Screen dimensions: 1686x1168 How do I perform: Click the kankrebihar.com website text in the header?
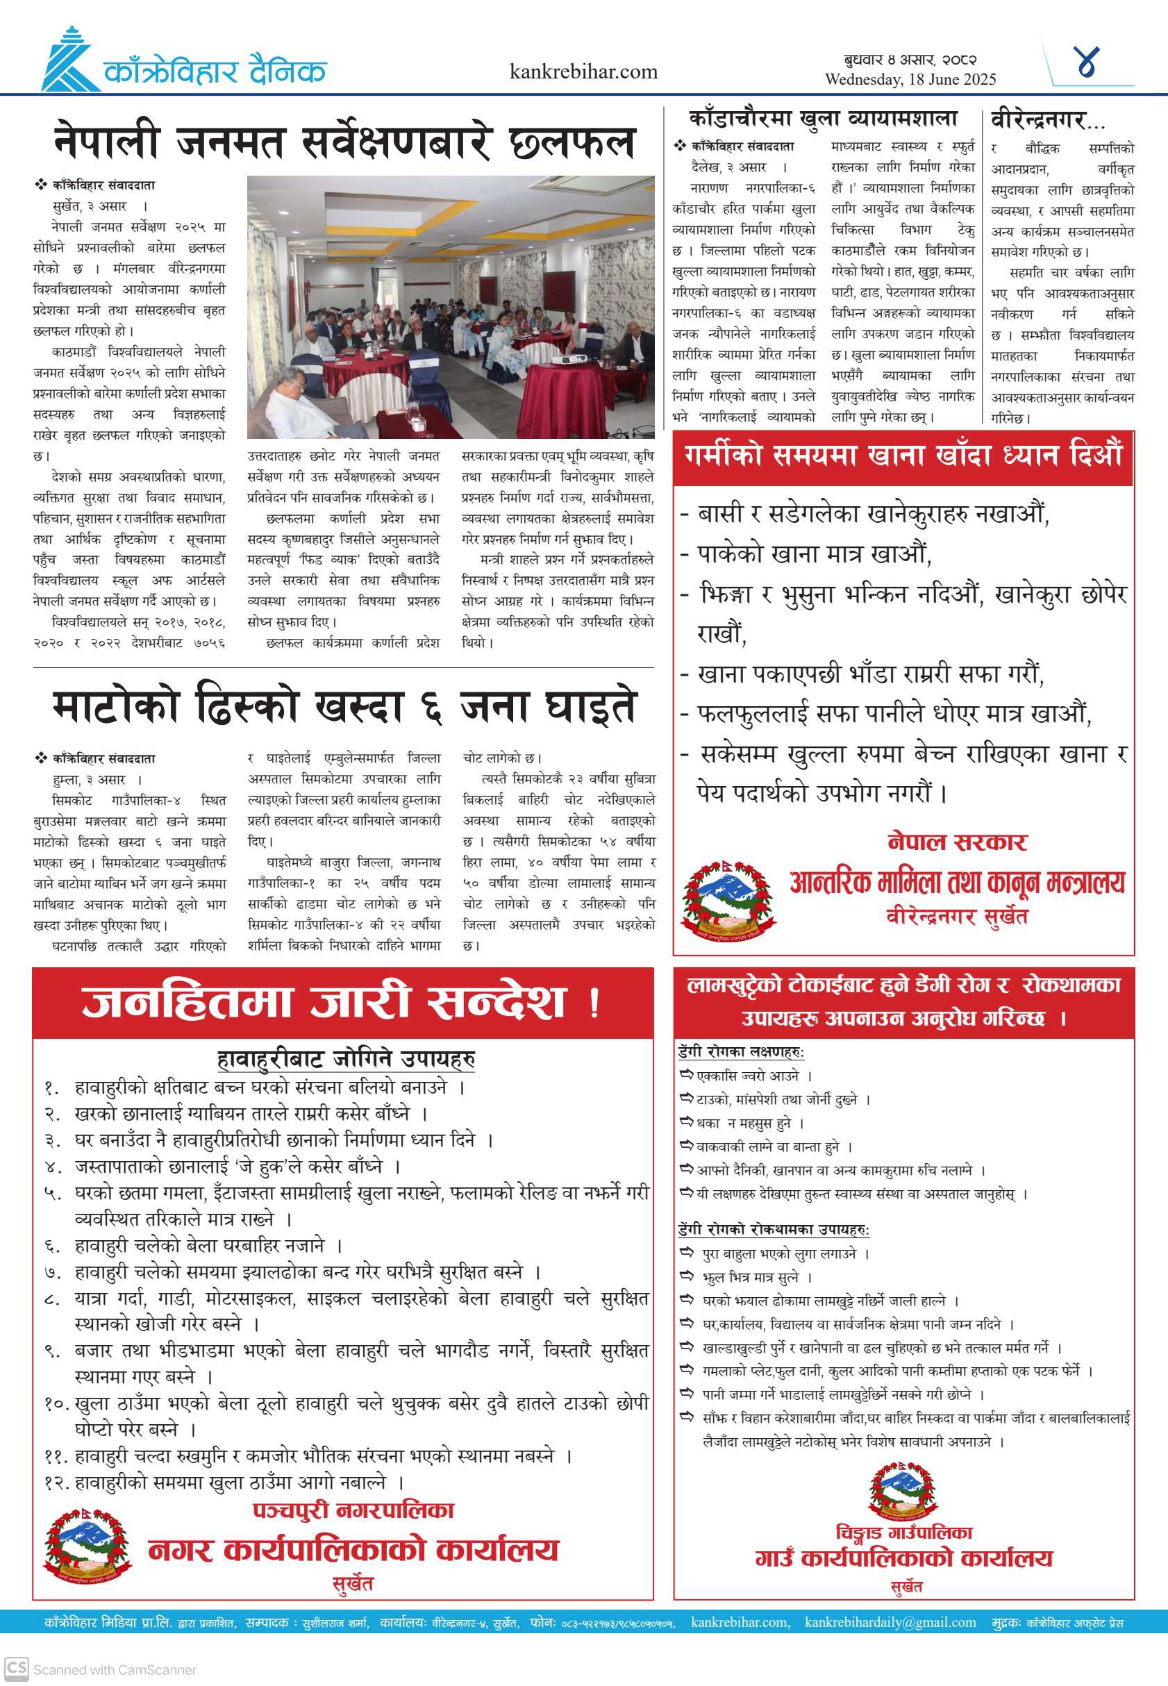point(583,72)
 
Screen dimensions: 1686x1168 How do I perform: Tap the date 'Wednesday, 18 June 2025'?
point(910,80)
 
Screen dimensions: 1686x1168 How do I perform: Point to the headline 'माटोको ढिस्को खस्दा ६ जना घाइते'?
point(344,707)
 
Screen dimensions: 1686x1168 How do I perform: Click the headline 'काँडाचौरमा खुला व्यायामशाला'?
point(823,119)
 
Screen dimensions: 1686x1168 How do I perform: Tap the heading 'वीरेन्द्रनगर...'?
point(1047,119)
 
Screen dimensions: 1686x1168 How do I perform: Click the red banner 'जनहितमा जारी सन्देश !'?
point(342,1003)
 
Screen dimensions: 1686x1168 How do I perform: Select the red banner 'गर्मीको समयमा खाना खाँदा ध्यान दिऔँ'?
point(903,456)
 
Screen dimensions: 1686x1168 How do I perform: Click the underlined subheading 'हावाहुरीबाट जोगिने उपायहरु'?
point(346,1059)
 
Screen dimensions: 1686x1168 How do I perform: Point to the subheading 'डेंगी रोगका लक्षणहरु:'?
point(741,1051)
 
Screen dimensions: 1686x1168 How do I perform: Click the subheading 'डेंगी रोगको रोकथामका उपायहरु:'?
point(774,1228)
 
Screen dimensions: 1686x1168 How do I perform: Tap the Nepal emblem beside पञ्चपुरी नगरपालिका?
point(87,1545)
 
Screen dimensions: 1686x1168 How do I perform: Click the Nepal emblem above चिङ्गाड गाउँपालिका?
point(901,1488)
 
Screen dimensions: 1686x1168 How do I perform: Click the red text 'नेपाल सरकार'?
point(956,842)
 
